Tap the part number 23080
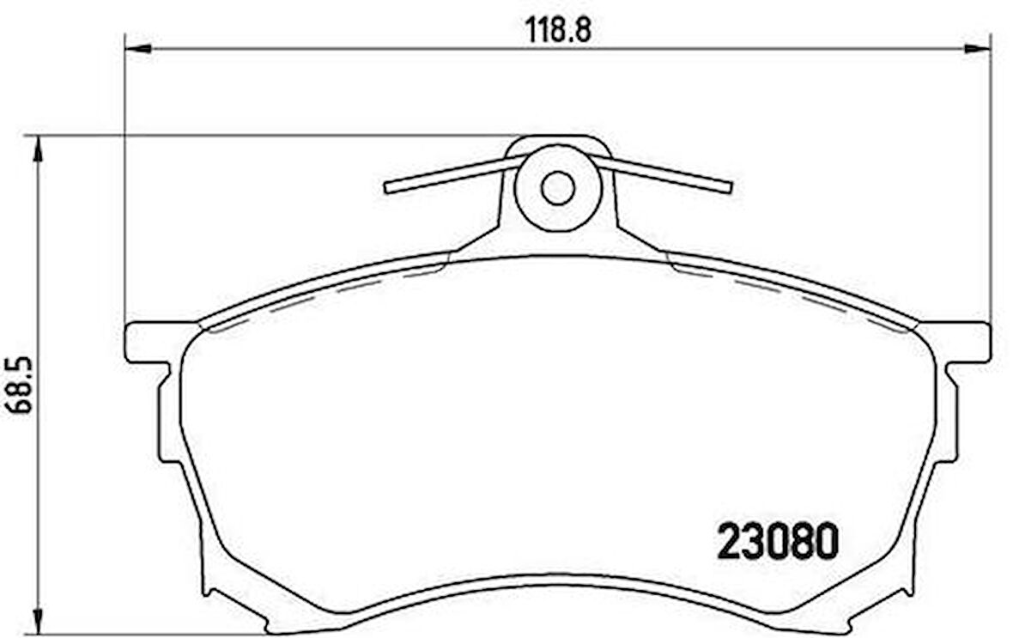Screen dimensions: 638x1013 click(x=777, y=542)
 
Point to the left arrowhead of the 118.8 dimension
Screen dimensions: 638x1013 click(x=138, y=49)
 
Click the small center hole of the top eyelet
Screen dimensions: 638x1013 click(x=557, y=188)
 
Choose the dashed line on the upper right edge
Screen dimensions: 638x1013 click(x=790, y=291)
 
